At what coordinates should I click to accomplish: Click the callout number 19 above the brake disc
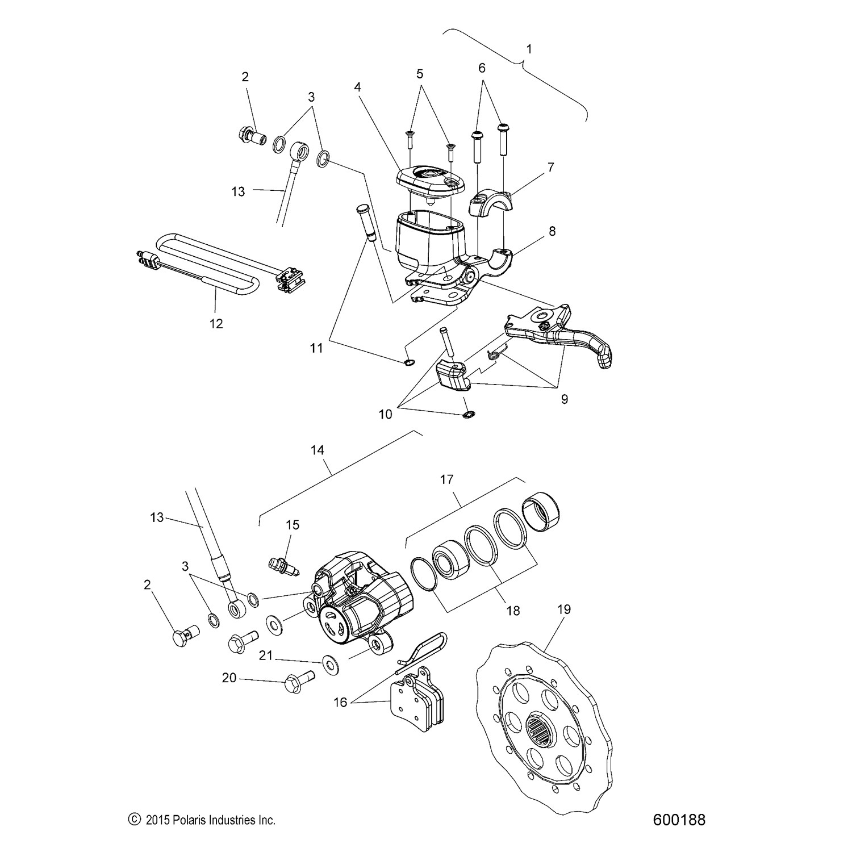[563, 609]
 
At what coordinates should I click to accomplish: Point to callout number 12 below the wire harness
[216, 324]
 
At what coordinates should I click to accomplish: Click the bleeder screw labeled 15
[285, 566]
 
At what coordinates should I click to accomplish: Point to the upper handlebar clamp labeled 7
[492, 203]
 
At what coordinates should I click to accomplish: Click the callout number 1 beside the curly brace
[529, 49]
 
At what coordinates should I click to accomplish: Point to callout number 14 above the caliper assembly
[317, 450]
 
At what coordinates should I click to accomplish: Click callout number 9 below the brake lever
[564, 399]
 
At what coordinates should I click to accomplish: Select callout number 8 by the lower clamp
[552, 231]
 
